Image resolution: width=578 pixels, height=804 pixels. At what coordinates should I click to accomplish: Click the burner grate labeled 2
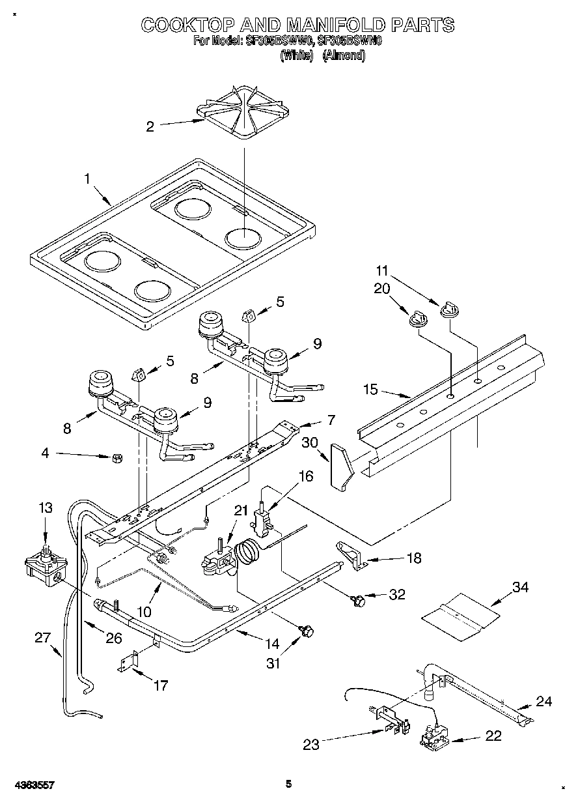coord(243,115)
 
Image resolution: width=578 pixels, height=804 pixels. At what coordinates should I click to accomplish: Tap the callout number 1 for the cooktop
coord(87,178)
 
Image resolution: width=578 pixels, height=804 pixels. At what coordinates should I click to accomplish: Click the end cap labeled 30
coord(340,465)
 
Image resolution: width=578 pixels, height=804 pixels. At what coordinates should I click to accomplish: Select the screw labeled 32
coord(357,598)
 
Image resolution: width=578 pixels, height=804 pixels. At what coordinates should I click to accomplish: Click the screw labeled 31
coord(307,630)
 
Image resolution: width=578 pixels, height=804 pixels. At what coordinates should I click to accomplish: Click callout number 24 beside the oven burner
coord(544,701)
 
